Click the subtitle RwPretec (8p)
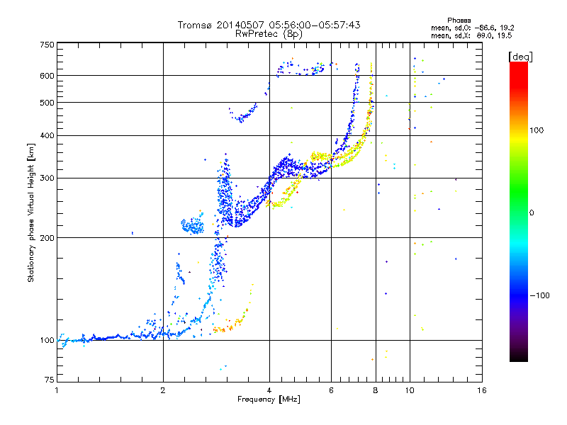pyautogui.click(x=269, y=34)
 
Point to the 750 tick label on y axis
pyautogui.click(x=47, y=45)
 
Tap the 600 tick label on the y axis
pyautogui.click(x=47, y=76)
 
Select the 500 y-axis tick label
pyautogui.click(x=47, y=103)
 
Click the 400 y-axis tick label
pyautogui.click(x=47, y=136)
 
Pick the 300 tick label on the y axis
pyautogui.click(x=47, y=178)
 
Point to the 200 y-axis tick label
pyautogui.click(x=47, y=238)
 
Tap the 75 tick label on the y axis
pyautogui.click(x=50, y=380)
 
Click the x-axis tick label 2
pyautogui.click(x=163, y=390)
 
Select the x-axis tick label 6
pyautogui.click(x=331, y=390)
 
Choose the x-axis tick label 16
pyautogui.click(x=482, y=390)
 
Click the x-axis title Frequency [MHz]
pyautogui.click(x=269, y=399)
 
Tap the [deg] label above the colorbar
pyautogui.click(x=520, y=57)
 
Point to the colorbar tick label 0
pyautogui.click(x=532, y=213)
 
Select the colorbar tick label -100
pyautogui.click(x=539, y=295)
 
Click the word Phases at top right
pyautogui.click(x=459, y=21)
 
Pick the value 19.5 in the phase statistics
pyautogui.click(x=505, y=35)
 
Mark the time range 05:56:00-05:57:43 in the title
pyautogui.click(x=315, y=25)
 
